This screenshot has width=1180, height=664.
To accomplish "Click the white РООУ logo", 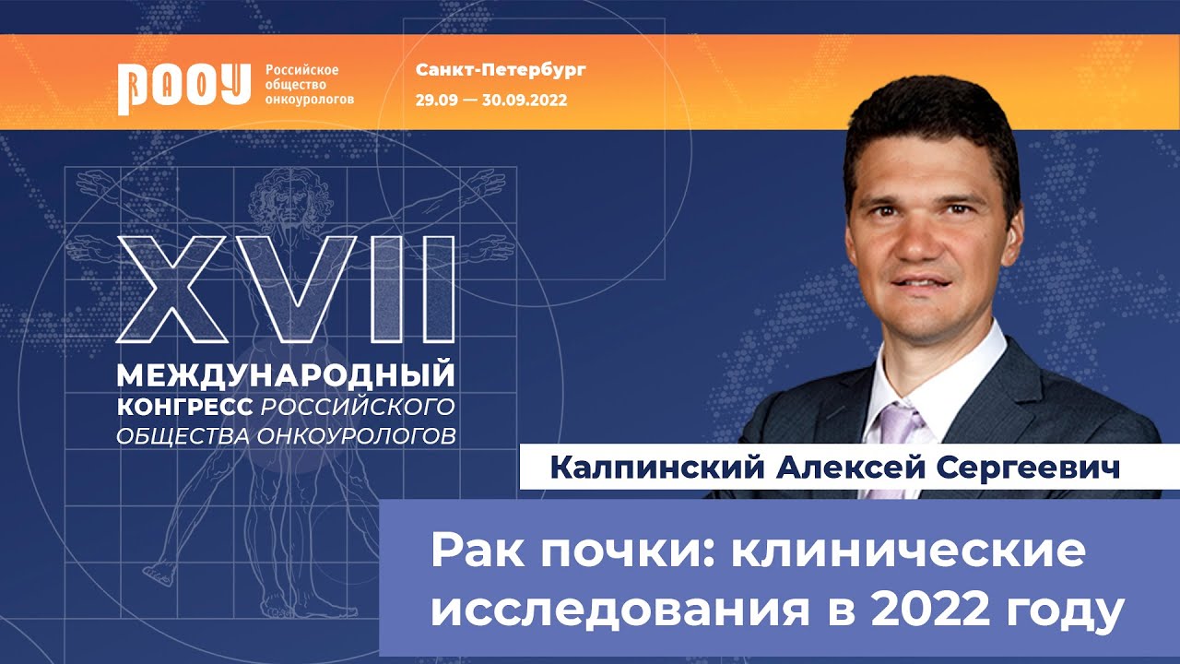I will [x=183, y=87].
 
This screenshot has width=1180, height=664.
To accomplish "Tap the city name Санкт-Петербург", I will [x=501, y=70].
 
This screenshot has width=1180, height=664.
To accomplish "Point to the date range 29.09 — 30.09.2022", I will [x=490, y=99].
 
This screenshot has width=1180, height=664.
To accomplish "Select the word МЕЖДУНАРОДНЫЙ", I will [x=286, y=375].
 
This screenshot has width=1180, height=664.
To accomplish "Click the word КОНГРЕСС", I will [x=185, y=406].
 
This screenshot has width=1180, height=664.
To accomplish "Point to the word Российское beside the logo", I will [x=302, y=70].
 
